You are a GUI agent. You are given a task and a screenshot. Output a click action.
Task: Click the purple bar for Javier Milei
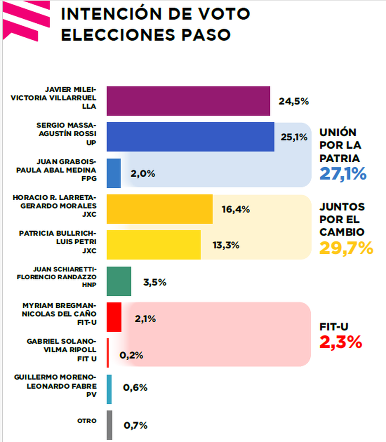point(188,101)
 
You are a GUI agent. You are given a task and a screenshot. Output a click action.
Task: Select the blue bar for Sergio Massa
point(190,137)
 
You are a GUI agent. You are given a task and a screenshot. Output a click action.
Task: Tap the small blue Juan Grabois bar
point(114,173)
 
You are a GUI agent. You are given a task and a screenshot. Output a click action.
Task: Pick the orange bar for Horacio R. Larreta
point(160,209)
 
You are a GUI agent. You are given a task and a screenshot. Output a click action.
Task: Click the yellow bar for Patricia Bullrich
point(153,245)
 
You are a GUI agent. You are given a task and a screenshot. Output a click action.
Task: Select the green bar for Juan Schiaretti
point(119,281)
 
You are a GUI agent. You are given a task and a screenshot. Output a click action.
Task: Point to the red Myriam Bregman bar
point(114,317)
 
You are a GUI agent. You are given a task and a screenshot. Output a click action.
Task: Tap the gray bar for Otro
point(109,425)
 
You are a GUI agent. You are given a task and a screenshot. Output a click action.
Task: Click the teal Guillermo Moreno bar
point(109,389)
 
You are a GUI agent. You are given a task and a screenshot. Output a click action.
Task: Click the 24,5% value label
point(293,102)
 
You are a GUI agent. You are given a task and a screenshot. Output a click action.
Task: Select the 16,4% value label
point(235,210)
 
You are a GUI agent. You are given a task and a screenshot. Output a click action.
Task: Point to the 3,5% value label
point(155,282)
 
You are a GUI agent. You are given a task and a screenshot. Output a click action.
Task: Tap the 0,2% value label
point(131,355)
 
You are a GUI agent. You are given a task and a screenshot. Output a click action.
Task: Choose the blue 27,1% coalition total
point(343,174)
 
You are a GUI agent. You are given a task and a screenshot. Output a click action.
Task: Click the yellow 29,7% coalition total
point(346,248)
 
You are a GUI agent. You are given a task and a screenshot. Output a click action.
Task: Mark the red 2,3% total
point(340,342)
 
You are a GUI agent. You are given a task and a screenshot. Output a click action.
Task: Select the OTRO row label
point(87,421)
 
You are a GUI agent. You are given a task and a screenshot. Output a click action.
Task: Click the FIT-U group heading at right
point(334,327)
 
